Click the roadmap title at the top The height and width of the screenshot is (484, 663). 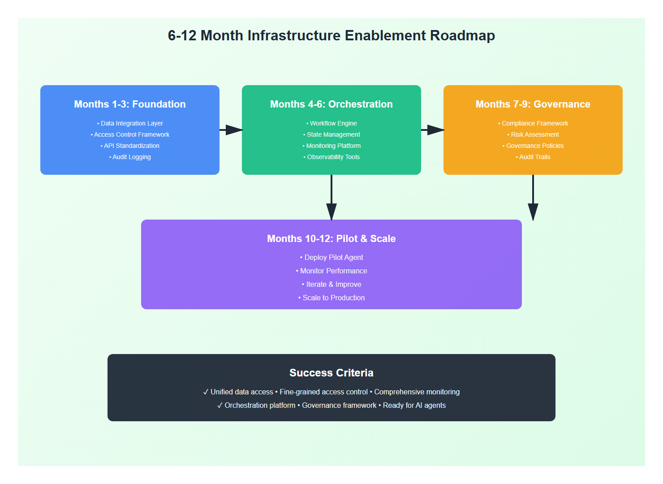pos(331,35)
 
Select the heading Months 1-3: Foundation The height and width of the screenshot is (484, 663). pos(130,104)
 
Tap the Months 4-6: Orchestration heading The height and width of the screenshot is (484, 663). pos(331,104)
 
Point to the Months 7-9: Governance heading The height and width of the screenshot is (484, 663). pos(533,104)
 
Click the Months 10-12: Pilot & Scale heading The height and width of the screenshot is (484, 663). pos(331,238)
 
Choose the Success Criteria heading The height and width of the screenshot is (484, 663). pos(331,373)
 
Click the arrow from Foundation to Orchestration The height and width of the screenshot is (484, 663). pos(231,130)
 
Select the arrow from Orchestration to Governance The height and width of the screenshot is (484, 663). pos(432,130)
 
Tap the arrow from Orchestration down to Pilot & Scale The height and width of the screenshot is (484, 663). pos(331,197)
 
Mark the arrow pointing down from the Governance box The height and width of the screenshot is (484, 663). pos(533,197)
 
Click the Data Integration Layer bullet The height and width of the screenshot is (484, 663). pos(130,123)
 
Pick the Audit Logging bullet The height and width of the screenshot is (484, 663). pos(130,157)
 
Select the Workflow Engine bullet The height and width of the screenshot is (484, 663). pos(332,123)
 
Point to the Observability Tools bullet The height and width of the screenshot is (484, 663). pos(332,157)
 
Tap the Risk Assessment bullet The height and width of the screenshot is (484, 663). pos(534,134)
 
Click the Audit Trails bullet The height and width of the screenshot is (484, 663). pos(534,157)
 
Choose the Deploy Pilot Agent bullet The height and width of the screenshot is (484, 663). pos(332,257)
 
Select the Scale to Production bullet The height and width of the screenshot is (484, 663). pos(332,298)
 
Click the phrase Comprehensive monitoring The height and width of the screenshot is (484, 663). pos(417,392)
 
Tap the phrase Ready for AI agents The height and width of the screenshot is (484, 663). pos(414,405)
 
